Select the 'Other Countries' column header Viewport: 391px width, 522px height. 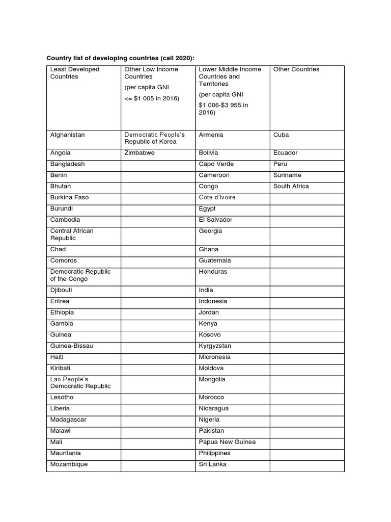pyautogui.click(x=296, y=69)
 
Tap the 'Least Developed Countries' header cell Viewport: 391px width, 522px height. pyautogui.click(x=75, y=73)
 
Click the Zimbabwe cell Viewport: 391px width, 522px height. pyautogui.click(x=139, y=153)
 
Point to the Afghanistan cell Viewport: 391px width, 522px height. pyautogui.click(x=68, y=135)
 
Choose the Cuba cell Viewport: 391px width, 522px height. pyautogui.click(x=281, y=135)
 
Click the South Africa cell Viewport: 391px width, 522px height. pyautogui.click(x=291, y=187)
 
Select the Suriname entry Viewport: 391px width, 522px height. pyautogui.click(x=287, y=175)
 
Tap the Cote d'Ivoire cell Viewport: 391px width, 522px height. pyautogui.click(x=217, y=198)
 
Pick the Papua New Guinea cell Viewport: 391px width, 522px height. pyautogui.click(x=227, y=442)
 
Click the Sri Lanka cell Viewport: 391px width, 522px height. pyautogui.click(x=213, y=464)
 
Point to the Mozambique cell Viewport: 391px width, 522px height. pyautogui.click(x=69, y=464)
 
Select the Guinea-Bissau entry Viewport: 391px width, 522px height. pyautogui.click(x=72, y=346)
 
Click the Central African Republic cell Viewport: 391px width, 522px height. pyautogui.click(x=72, y=234)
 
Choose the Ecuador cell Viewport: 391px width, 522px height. pyautogui.click(x=286, y=153)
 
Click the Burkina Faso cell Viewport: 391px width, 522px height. pyautogui.click(x=70, y=198)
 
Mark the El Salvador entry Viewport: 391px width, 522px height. pyautogui.click(x=215, y=220)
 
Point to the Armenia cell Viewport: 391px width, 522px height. pyautogui.click(x=211, y=135)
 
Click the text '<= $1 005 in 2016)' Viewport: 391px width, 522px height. pyautogui.click(x=152, y=98)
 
